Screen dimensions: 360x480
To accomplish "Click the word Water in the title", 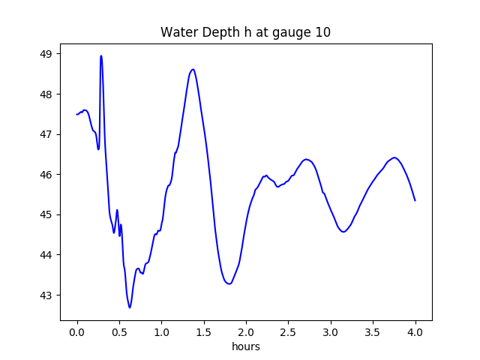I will (x=178, y=33).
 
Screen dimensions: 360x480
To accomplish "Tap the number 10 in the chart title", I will (x=322, y=33).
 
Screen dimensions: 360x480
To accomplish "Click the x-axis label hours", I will (x=246, y=347).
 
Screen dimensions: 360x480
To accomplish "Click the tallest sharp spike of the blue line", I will (x=100, y=55).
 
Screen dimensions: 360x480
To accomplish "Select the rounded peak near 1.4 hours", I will (x=193, y=70).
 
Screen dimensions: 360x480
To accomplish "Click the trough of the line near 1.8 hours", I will (x=229, y=283).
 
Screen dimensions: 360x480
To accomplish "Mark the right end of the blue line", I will (x=415, y=200).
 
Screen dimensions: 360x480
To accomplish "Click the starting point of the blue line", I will (x=76, y=114).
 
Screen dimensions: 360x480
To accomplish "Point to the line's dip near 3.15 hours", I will (x=343, y=232).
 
